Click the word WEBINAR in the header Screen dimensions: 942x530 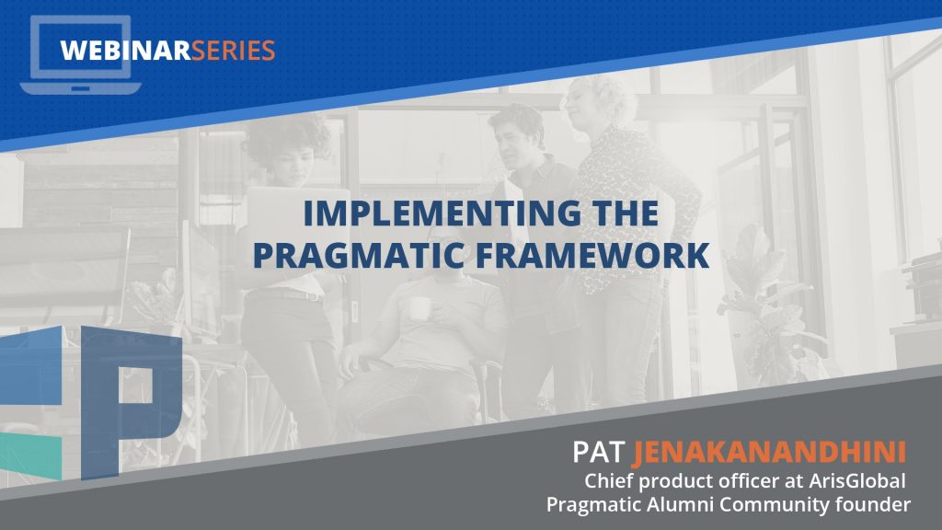tap(125, 51)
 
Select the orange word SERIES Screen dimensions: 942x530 tap(233, 51)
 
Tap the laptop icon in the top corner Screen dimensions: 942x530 tap(81, 54)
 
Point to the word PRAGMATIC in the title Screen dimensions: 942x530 tap(359, 255)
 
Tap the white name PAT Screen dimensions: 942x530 tap(598, 453)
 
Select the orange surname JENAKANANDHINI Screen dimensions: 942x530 tap(770, 453)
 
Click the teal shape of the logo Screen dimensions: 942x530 tap(31, 456)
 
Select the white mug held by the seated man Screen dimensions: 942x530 tap(419, 309)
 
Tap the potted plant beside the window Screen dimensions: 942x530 tap(769, 306)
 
